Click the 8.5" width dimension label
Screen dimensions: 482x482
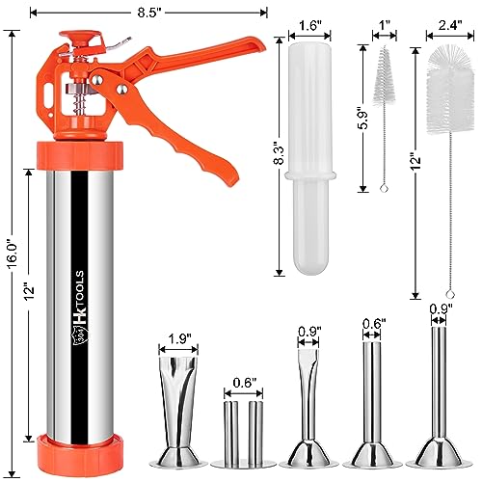[149, 13]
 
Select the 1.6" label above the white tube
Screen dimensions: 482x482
[309, 26]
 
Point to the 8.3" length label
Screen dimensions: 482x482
[279, 155]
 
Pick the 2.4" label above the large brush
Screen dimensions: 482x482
[450, 25]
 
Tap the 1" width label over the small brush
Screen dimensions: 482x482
[385, 25]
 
